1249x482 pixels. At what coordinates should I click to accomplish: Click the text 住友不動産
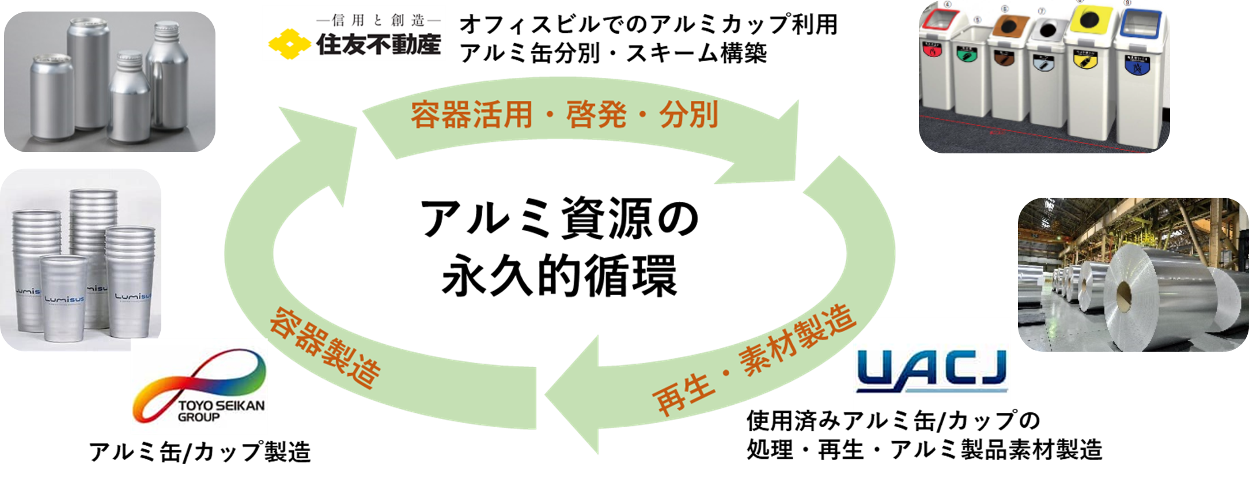tap(378, 44)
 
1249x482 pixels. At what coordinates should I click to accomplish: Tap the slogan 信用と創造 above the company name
tap(378, 20)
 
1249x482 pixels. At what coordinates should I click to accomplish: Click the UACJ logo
tap(932, 369)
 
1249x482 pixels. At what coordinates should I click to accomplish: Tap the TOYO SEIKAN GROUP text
tap(221, 411)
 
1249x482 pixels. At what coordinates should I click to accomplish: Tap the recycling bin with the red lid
tap(936, 63)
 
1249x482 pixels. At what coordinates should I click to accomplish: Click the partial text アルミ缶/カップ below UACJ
tap(932, 420)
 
